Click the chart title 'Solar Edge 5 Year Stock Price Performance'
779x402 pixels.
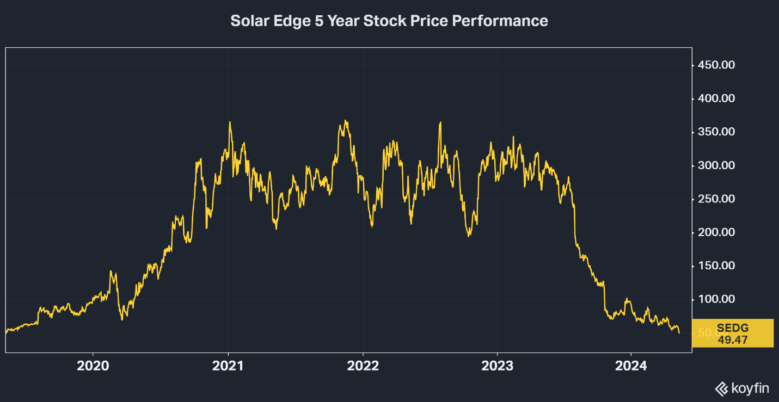tap(389, 21)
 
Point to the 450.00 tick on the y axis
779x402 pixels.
tap(716, 65)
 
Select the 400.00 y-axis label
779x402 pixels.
tap(716, 98)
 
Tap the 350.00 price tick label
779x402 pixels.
tap(716, 132)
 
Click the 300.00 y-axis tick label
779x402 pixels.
tap(716, 165)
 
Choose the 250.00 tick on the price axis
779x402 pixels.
tap(716, 199)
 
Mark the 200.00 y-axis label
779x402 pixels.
tap(716, 232)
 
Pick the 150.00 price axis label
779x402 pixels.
tap(716, 266)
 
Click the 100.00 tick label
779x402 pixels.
tap(716, 299)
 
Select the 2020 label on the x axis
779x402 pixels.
tap(93, 366)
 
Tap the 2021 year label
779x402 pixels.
tap(228, 366)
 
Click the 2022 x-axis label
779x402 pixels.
tap(363, 366)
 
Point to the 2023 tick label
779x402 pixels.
tap(497, 366)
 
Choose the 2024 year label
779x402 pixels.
tap(631, 366)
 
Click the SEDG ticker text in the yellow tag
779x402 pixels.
tap(732, 327)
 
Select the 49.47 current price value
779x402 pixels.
tap(732, 339)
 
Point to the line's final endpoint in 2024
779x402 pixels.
tap(679, 333)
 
